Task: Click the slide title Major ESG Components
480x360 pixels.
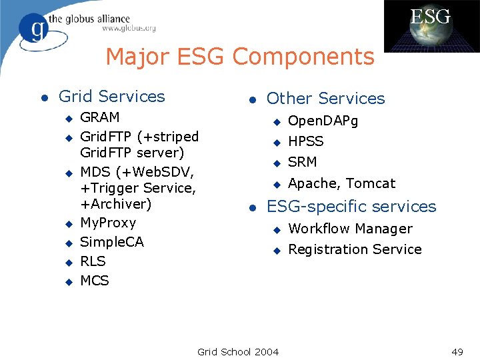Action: click(239, 57)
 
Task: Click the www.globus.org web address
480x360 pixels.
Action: click(129, 29)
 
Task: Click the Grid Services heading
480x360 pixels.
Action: click(111, 97)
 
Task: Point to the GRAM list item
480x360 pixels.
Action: click(100, 117)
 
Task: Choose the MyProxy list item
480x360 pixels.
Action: click(107, 223)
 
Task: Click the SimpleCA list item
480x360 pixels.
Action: click(111, 242)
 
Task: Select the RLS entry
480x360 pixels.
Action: click(93, 261)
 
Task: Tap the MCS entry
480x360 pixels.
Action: click(94, 281)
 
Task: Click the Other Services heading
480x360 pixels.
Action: click(325, 99)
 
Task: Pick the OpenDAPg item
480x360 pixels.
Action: click(323, 121)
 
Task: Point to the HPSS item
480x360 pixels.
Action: click(305, 141)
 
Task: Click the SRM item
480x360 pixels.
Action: click(302, 162)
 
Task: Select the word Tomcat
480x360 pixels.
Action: click(370, 183)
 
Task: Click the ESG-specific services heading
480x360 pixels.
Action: click(351, 207)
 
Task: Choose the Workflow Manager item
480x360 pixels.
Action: click(350, 229)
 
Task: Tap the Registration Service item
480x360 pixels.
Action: click(355, 249)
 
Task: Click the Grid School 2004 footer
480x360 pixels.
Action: click(238, 351)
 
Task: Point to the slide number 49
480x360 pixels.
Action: click(457, 351)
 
